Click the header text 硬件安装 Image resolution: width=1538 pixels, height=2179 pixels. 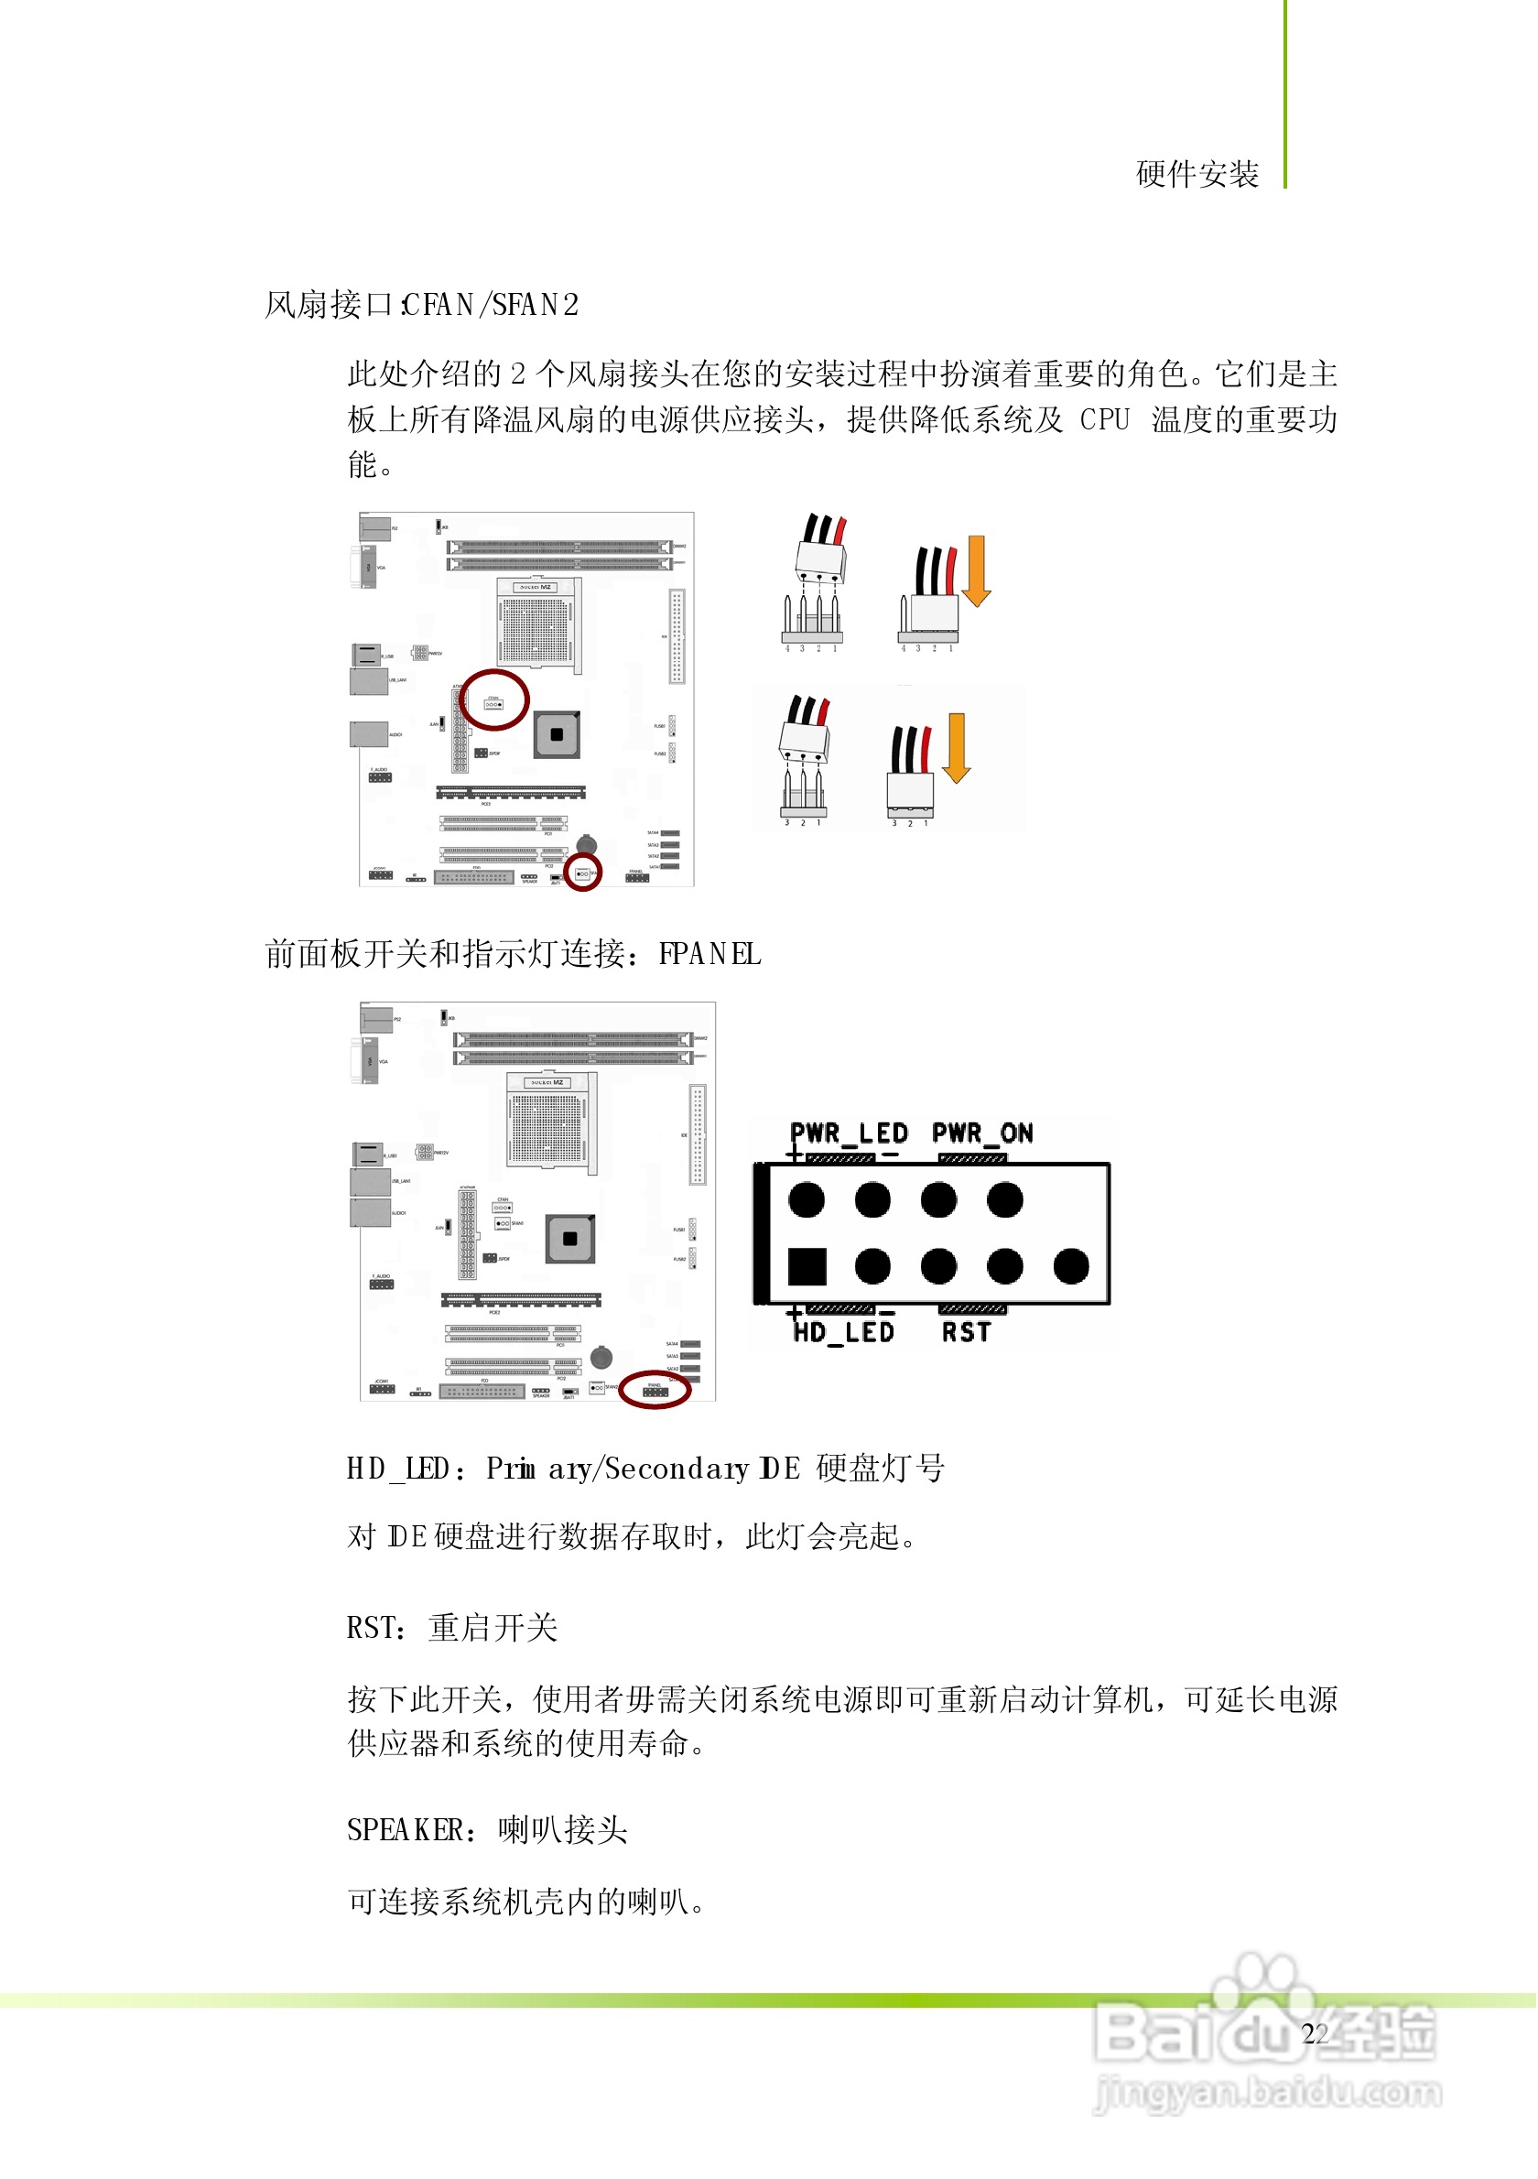pos(1197,175)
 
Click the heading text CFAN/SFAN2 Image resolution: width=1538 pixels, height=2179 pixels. pos(491,305)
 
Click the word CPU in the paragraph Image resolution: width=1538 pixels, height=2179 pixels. pos(1105,419)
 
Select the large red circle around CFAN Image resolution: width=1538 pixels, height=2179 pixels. pos(494,700)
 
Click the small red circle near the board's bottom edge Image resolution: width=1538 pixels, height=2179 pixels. pos(582,873)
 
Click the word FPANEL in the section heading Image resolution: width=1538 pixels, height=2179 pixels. pos(709,954)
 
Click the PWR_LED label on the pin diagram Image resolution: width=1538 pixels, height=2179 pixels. pos(850,1133)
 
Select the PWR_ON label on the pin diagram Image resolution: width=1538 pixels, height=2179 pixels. pos(983,1133)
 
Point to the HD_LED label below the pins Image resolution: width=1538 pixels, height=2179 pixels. pos(844,1332)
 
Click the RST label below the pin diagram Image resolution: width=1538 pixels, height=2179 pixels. pos(967,1332)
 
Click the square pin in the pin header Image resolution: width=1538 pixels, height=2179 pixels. pos(807,1266)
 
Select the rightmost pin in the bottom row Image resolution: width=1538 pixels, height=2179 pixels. pos(1072,1266)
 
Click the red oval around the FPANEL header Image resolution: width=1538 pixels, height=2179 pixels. pos(655,1391)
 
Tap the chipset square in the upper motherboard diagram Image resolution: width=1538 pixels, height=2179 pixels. pos(557,734)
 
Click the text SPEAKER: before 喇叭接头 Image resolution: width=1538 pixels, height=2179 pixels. pos(413,1830)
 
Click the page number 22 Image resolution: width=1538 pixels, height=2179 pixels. pos(1315,2033)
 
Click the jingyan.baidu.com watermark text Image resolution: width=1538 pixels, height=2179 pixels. pos(1268,2092)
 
